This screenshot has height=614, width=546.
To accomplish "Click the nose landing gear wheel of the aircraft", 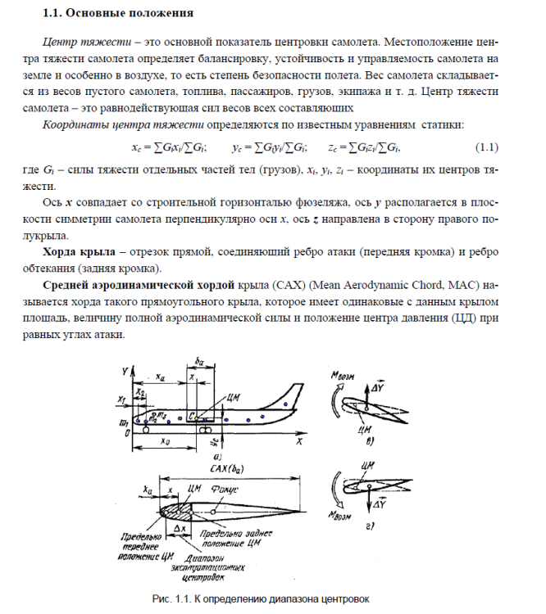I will click(x=145, y=429).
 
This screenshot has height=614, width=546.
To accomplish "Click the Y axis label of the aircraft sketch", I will click(x=125, y=371).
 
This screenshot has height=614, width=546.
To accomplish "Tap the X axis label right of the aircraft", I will click(x=300, y=441).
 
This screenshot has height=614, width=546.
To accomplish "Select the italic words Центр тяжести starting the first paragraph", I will click(x=80, y=40).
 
